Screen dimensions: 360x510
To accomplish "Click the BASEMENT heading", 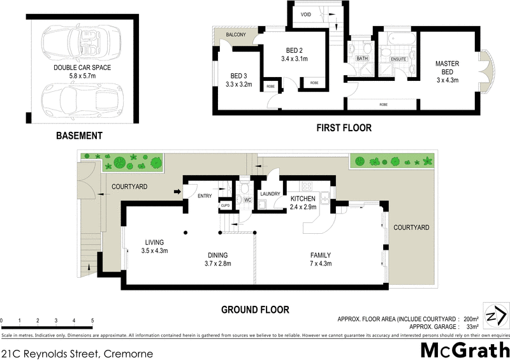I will click(79, 136).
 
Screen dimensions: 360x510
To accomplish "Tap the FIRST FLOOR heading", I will click(344, 128).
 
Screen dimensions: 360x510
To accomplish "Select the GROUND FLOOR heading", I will click(255, 310).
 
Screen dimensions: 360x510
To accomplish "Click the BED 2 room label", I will click(294, 50).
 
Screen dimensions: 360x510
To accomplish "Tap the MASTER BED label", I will click(448, 68).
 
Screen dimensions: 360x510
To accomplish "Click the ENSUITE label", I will click(400, 59).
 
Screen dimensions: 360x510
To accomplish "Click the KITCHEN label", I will click(303, 199).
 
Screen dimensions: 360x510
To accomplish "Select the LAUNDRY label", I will click(270, 194).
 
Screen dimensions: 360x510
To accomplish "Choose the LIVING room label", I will click(154, 242).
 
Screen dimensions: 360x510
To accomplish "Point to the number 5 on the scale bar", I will click(92, 320).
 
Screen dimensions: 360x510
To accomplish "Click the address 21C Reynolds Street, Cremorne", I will click(76, 352).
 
